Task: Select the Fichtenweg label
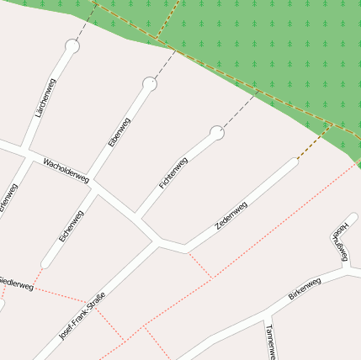(173, 172)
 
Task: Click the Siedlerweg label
(15, 282)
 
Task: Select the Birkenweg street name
(305, 289)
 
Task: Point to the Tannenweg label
(268, 341)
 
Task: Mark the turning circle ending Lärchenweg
(72, 47)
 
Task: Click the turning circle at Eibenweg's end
(150, 83)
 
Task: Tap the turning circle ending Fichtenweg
(217, 132)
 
